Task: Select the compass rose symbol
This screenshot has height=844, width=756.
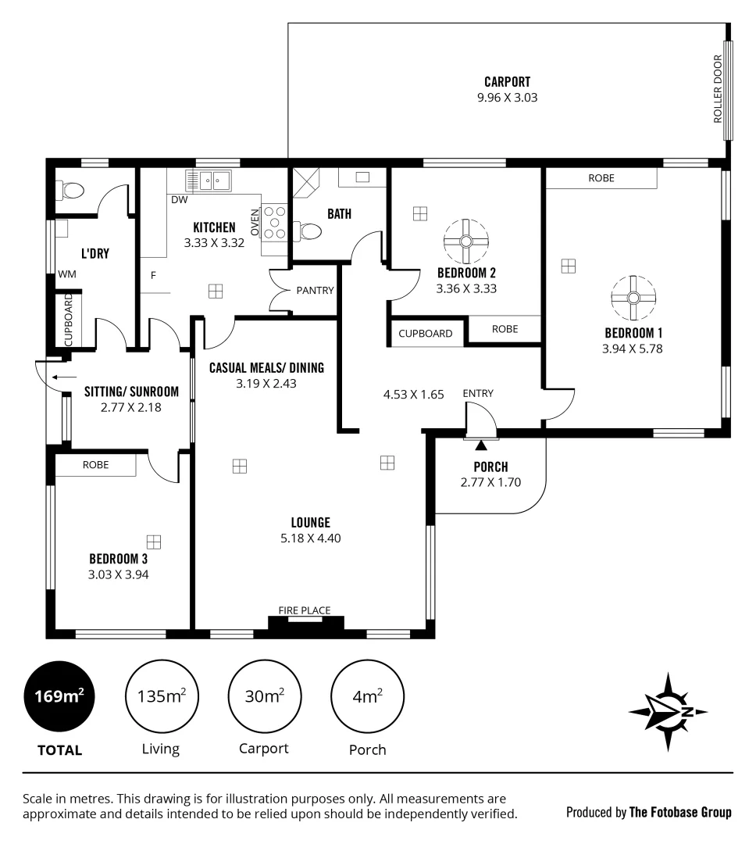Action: tap(669, 712)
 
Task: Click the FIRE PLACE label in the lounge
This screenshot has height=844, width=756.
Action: tap(305, 610)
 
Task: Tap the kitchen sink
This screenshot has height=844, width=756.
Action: tap(209, 181)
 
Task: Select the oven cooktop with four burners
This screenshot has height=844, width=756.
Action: tap(274, 222)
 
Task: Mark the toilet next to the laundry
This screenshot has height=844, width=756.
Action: tap(72, 191)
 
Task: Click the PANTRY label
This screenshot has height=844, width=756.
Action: tap(315, 290)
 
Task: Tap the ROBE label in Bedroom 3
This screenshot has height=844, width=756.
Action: tap(95, 464)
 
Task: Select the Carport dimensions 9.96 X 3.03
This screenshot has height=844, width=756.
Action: tap(508, 98)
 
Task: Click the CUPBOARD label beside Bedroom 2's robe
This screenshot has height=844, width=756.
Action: tap(426, 333)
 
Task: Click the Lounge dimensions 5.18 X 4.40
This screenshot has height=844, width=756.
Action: tap(310, 538)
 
